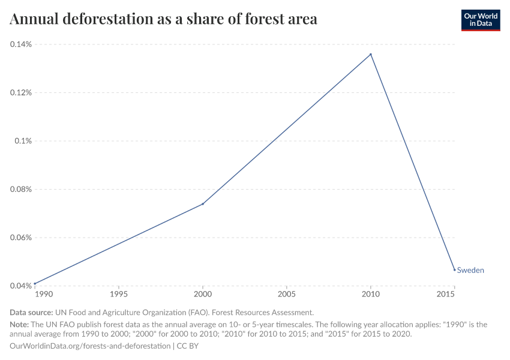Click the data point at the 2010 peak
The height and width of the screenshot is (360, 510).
tap(371, 54)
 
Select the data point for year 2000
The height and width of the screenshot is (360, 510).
tap(203, 204)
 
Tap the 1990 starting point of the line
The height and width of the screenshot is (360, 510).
tap(35, 283)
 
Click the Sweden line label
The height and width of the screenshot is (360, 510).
tap(470, 270)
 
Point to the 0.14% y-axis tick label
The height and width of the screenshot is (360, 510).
tap(20, 44)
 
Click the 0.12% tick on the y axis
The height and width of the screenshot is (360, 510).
tap(20, 92)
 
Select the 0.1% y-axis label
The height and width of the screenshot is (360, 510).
tap(24, 141)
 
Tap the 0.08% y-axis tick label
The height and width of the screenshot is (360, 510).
tap(20, 189)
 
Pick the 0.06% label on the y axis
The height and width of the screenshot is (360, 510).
tap(20, 238)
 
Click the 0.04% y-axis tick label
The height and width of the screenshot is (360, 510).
tap(20, 286)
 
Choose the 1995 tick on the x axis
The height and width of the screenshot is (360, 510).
tap(119, 295)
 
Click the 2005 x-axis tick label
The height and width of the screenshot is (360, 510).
tap(287, 295)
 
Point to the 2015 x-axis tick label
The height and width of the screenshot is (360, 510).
tap(446, 295)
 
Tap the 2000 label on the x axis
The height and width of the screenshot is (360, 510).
tap(203, 295)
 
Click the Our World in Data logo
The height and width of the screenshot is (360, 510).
tap(480, 20)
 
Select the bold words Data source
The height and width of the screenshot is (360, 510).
tap(31, 313)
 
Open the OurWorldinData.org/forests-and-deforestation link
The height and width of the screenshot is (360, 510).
tap(90, 346)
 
